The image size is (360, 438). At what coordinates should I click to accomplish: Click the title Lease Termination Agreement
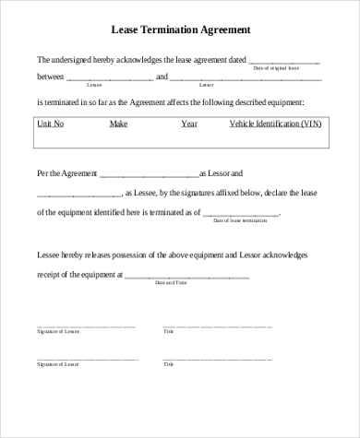180,30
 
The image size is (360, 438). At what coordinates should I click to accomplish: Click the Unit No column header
50,123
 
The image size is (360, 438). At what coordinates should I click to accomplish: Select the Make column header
118,123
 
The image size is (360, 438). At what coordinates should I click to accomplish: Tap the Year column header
189,123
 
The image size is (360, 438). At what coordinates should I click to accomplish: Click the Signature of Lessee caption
58,330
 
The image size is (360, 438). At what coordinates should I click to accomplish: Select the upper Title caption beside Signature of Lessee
168,330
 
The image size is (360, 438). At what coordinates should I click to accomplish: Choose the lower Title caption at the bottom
168,364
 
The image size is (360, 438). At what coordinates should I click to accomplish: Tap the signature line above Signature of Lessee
86,325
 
